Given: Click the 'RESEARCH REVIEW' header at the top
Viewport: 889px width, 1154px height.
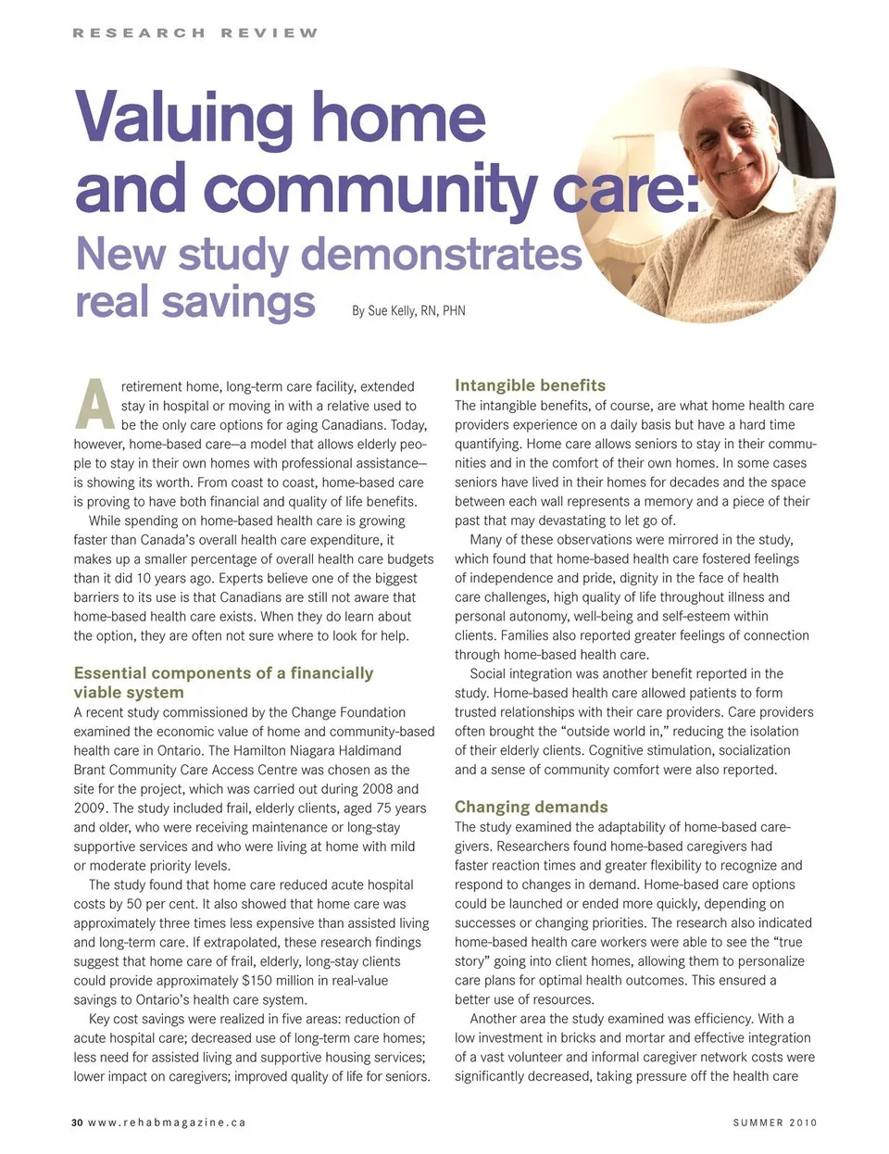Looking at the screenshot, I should coord(195,33).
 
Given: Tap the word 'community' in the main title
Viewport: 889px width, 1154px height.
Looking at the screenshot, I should coord(369,189).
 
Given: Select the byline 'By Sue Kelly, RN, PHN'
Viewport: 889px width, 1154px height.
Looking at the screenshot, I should coord(408,311).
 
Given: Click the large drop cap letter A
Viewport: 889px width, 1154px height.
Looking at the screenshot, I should coord(94,405).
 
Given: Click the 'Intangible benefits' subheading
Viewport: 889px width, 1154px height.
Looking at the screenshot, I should coord(530,385).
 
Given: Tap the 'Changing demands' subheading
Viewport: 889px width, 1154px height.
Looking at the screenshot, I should coord(531,807).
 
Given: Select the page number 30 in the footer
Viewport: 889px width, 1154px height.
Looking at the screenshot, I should coord(77,1123).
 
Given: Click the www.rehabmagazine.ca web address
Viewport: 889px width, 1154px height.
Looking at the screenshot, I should coord(167,1123).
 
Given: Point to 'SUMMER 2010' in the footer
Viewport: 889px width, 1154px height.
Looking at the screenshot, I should coord(775,1123).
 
